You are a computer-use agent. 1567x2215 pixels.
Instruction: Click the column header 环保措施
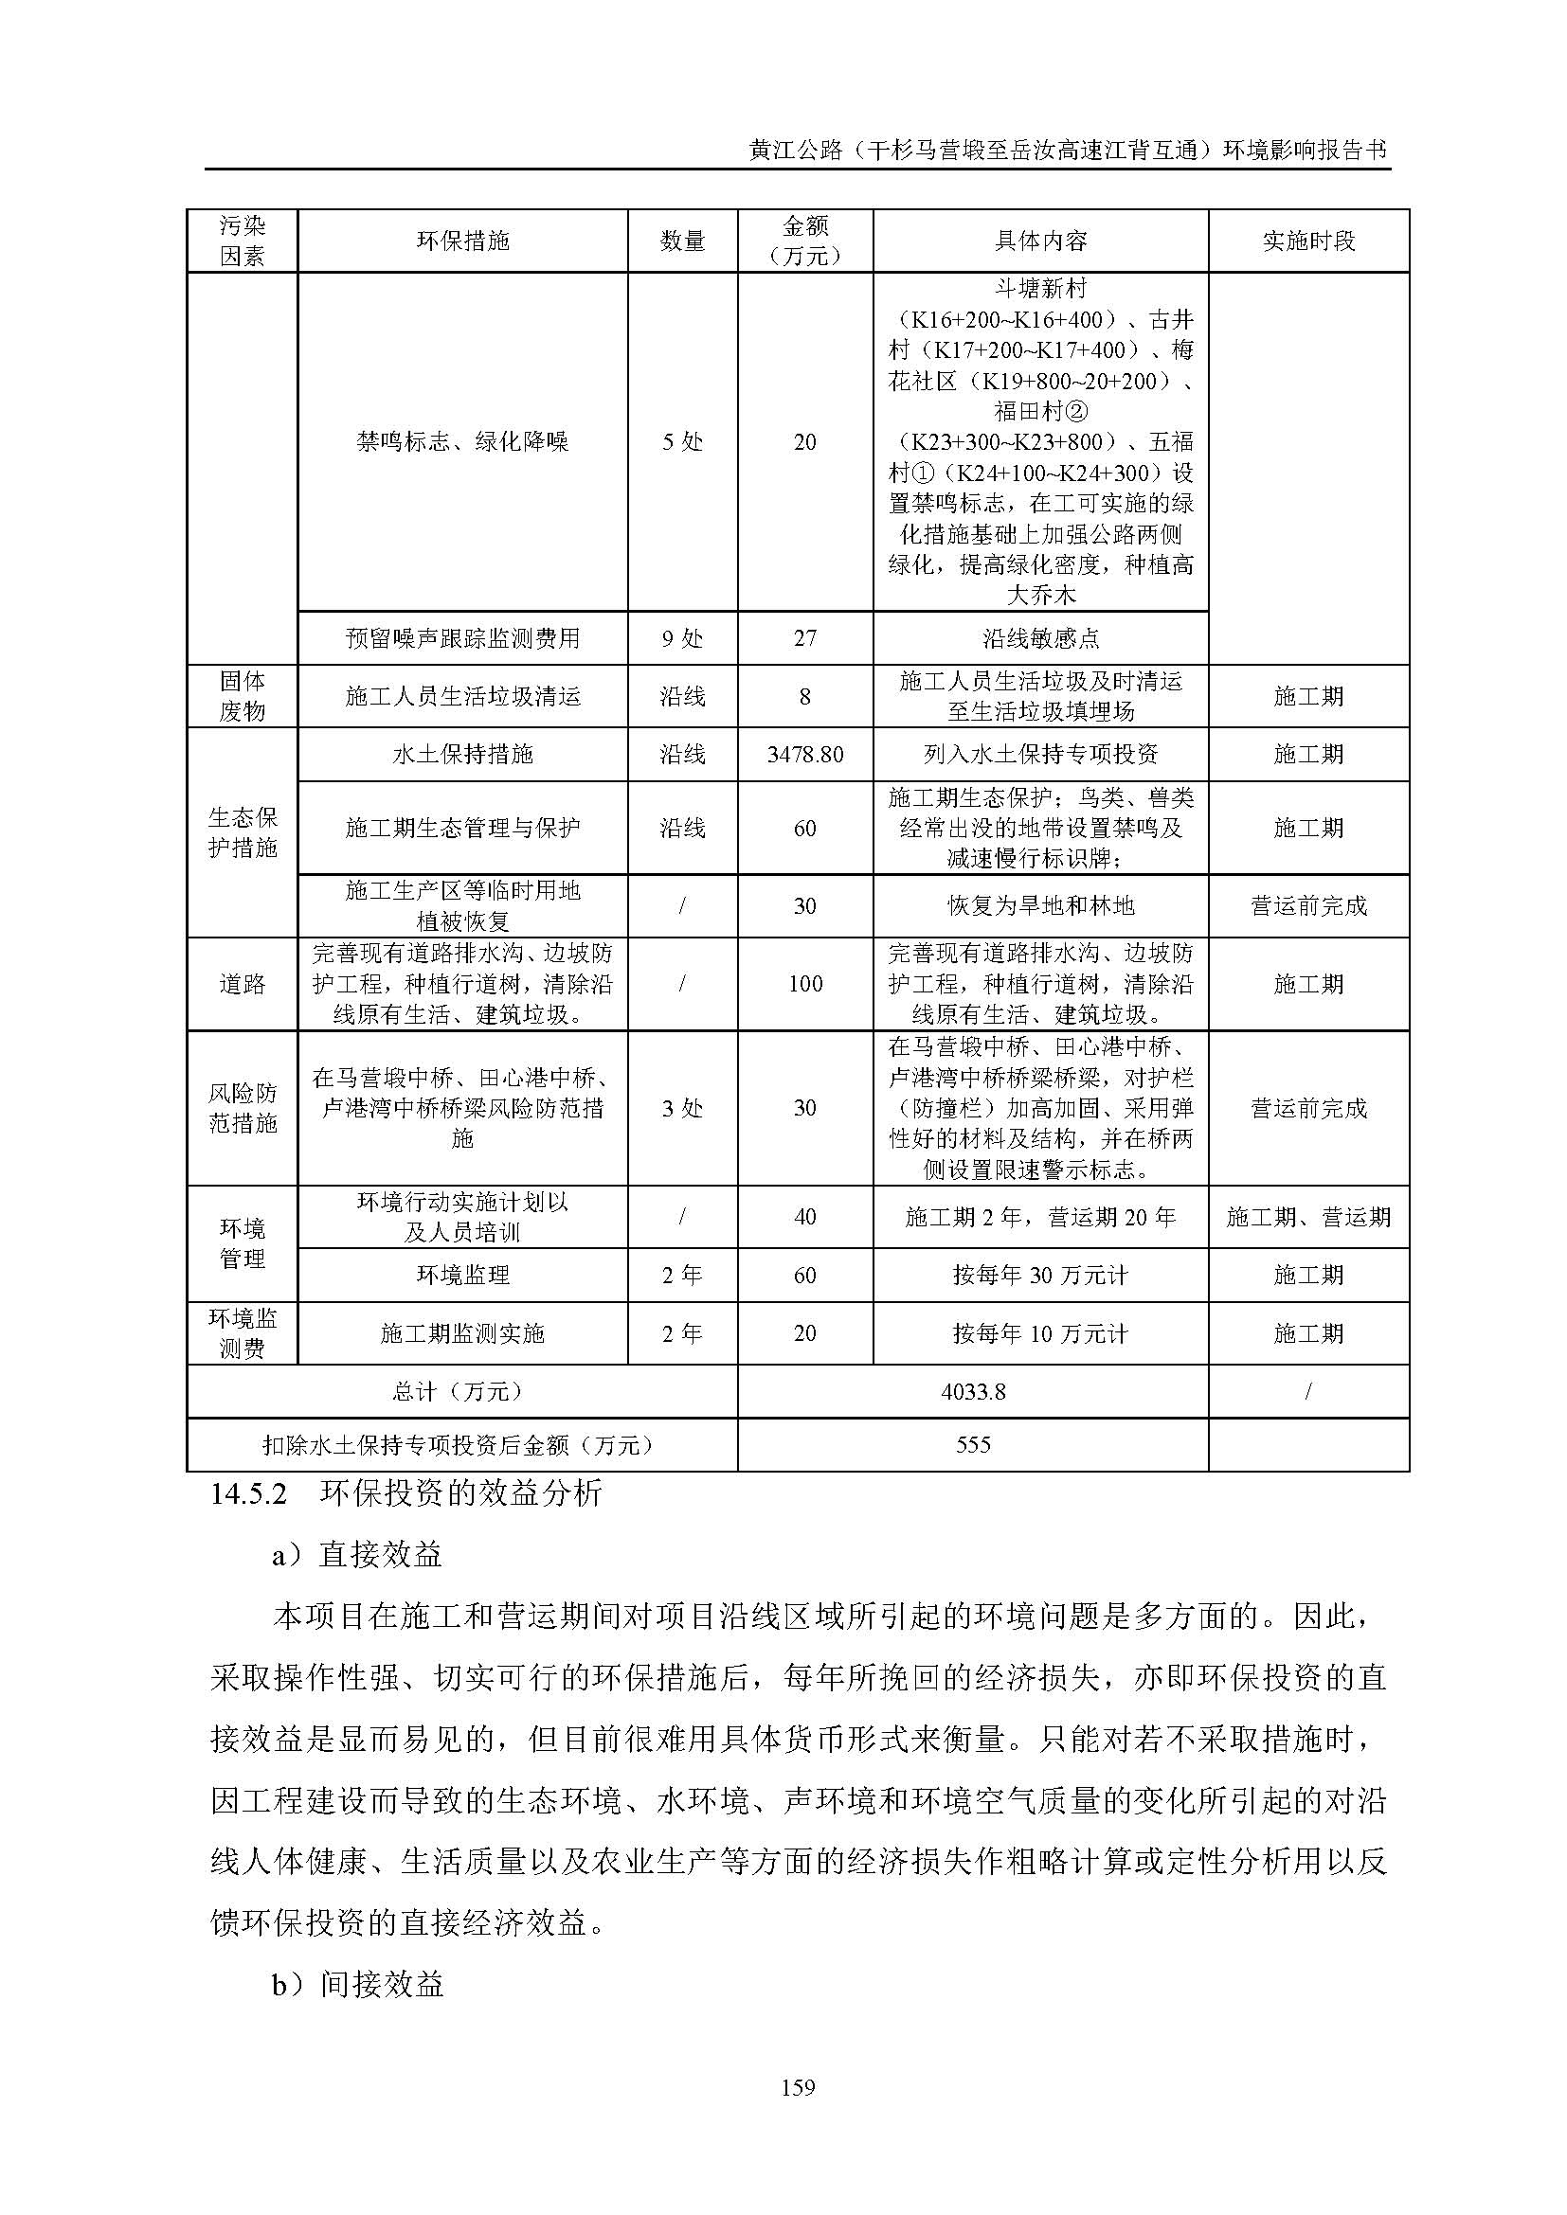462,241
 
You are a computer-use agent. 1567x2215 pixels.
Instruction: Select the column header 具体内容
1040,241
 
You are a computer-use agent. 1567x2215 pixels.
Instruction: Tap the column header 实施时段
1308,241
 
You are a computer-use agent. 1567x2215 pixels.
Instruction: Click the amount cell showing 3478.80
804,755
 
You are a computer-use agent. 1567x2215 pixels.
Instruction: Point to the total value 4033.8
973,1391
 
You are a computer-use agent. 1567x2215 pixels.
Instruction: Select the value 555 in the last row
973,1444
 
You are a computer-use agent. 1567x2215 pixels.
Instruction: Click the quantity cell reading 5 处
682,442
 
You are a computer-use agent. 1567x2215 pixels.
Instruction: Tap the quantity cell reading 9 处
682,637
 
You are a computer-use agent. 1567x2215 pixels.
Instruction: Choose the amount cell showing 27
804,637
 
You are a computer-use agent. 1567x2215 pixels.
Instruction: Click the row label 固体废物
243,696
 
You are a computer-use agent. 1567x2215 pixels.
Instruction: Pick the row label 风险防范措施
243,1108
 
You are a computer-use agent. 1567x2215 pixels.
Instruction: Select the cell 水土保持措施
462,755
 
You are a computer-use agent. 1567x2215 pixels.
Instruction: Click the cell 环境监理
462,1276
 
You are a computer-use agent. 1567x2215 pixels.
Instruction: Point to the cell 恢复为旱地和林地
1040,906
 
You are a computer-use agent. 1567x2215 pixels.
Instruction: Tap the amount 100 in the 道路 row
804,984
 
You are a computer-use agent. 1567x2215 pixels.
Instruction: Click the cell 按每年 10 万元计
1040,1333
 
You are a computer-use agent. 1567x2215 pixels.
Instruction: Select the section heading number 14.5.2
249,1494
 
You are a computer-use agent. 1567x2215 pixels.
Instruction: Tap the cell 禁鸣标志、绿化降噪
462,442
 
